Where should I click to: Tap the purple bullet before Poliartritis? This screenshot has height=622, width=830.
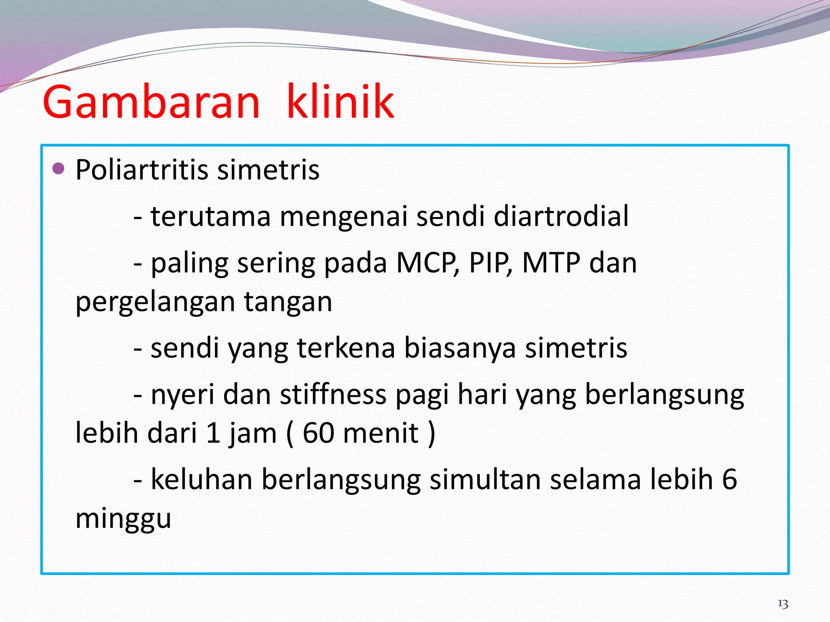pyautogui.click(x=59, y=168)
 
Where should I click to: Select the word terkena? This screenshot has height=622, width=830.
pyautogui.click(x=346, y=348)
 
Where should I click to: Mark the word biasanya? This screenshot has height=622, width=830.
pyautogui.click(x=460, y=348)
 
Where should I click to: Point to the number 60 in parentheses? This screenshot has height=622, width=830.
pyautogui.click(x=318, y=433)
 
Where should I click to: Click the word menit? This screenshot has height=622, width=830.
pyautogui.click(x=381, y=433)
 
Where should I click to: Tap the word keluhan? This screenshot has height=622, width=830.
pyautogui.click(x=201, y=479)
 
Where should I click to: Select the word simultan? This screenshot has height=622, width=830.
pyautogui.click(x=485, y=479)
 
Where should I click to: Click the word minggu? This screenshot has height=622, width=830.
pyautogui.click(x=123, y=519)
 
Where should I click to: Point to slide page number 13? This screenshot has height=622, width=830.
pyautogui.click(x=783, y=604)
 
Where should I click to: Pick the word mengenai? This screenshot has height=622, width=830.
pyautogui.click(x=343, y=217)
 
